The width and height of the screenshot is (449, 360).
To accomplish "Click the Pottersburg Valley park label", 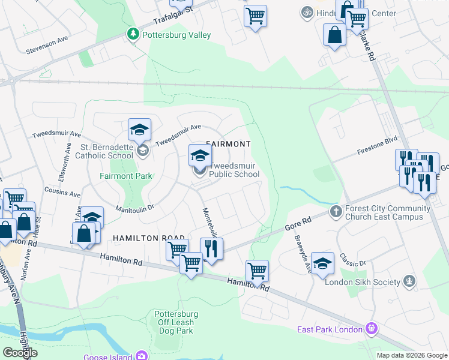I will click(x=176, y=35).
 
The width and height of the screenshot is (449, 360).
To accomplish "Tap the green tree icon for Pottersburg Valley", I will click(x=133, y=35).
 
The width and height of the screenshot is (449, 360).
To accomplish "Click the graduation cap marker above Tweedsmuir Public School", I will click(x=200, y=156).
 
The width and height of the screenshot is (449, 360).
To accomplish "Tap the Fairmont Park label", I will click(x=125, y=176).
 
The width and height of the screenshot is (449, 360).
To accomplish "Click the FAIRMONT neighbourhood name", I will click(x=228, y=144).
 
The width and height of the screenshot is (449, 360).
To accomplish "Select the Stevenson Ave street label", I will click(x=47, y=47).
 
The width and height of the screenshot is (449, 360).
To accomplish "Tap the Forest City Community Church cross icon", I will click(x=336, y=211).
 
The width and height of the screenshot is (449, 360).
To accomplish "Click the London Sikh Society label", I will click(x=362, y=282).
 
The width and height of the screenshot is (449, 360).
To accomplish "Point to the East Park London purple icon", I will click(x=372, y=328).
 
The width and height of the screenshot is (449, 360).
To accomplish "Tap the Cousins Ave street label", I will click(x=62, y=191).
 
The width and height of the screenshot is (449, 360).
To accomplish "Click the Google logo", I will click(x=20, y=353).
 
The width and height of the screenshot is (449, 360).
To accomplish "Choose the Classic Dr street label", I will click(x=352, y=260).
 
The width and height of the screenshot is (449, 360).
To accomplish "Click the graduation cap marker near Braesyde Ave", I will click(x=322, y=263).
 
